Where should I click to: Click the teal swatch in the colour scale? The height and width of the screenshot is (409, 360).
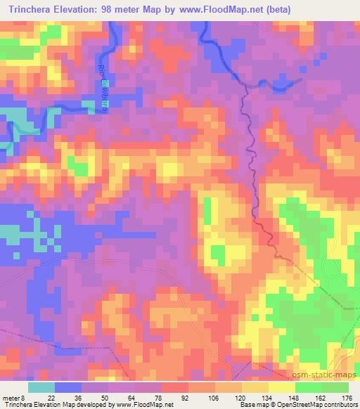coord(41,387)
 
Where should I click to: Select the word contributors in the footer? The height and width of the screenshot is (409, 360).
coord(340,405)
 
